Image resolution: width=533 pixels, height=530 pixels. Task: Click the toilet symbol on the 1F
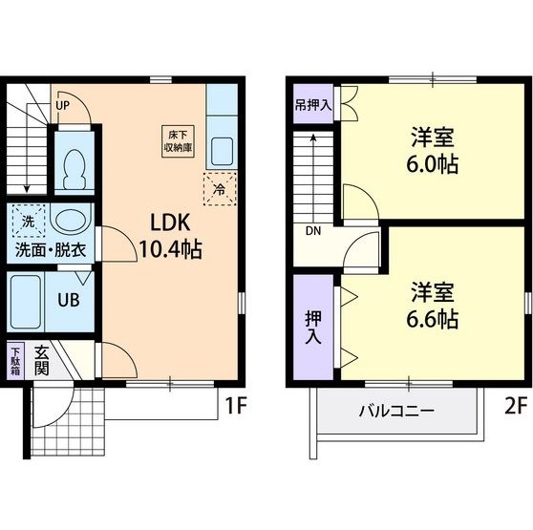click(x=75, y=169)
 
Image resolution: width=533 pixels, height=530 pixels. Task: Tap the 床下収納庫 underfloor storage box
click(x=178, y=141)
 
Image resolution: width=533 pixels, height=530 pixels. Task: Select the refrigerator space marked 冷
click(x=220, y=189)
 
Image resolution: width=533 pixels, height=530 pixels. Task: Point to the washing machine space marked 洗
click(x=29, y=222)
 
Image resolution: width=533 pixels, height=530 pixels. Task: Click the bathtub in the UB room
click(x=26, y=302)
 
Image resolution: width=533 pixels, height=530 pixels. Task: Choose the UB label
click(x=69, y=300)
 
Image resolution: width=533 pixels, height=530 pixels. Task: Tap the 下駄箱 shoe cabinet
click(x=15, y=361)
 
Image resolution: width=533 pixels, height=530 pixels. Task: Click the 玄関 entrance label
click(x=41, y=361)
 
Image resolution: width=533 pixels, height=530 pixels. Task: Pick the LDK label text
click(x=170, y=223)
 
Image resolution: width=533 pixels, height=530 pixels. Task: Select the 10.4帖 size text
click(x=171, y=249)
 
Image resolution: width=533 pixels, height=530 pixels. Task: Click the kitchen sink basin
click(x=222, y=151)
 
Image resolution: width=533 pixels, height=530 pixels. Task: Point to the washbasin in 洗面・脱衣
click(x=71, y=221)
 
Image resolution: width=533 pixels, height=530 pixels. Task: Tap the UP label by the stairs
click(x=62, y=106)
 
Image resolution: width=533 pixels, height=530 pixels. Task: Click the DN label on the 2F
click(x=313, y=231)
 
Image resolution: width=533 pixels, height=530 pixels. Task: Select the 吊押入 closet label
click(x=313, y=105)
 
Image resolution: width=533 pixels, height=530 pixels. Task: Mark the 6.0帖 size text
click(x=433, y=163)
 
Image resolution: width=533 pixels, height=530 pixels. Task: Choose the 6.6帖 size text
click(x=433, y=318)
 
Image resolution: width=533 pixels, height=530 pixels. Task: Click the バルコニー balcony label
click(x=396, y=411)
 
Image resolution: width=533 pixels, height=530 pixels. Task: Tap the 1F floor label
click(x=236, y=406)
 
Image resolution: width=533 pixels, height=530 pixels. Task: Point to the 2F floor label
click(x=515, y=406)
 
